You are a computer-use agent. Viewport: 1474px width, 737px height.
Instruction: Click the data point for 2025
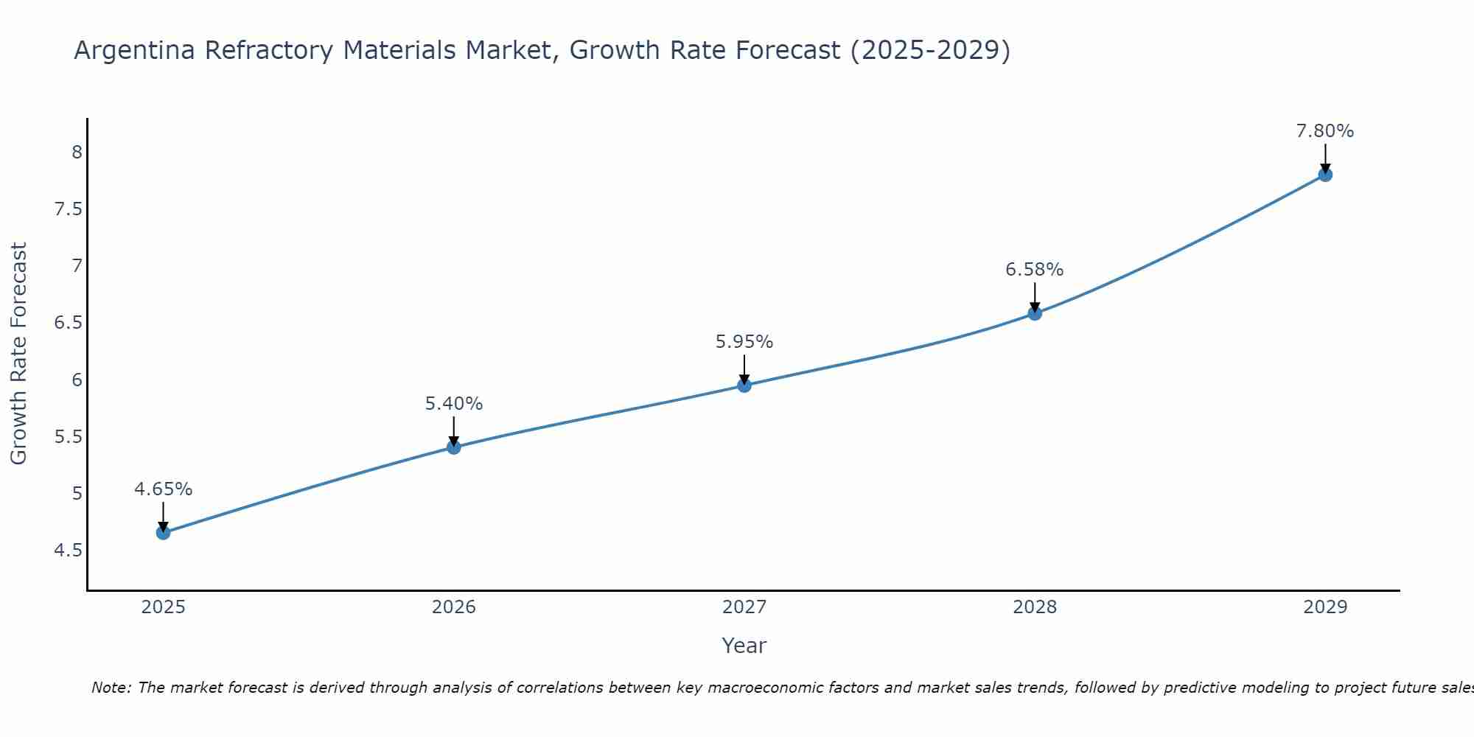[x=164, y=532]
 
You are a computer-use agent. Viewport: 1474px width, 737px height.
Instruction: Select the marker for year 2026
[x=454, y=447]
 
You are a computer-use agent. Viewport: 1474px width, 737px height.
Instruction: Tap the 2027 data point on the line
[x=744, y=385]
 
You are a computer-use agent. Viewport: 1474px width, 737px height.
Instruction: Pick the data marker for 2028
[x=1035, y=313]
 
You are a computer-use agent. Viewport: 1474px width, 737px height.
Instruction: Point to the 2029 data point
[x=1325, y=175]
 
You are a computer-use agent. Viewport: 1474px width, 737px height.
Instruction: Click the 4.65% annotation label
[x=164, y=489]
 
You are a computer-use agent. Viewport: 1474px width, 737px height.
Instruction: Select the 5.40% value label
[x=454, y=404]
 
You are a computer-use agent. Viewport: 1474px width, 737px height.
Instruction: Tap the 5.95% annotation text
[x=744, y=342]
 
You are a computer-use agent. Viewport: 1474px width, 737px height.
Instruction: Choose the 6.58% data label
[x=1035, y=270]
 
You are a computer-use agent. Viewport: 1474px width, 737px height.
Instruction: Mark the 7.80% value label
[x=1325, y=131]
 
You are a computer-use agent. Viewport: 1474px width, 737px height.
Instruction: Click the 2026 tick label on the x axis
[x=454, y=607]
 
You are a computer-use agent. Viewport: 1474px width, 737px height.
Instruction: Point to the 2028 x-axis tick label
[x=1035, y=607]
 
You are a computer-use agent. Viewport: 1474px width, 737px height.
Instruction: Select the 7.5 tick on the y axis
[x=69, y=209]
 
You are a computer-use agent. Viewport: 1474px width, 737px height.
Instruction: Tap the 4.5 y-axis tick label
[x=69, y=551]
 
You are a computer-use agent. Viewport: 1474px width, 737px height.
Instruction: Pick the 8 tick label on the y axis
[x=77, y=153]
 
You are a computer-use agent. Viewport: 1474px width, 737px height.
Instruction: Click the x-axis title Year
[x=744, y=646]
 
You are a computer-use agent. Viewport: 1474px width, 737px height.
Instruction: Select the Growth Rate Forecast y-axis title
[x=19, y=354]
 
